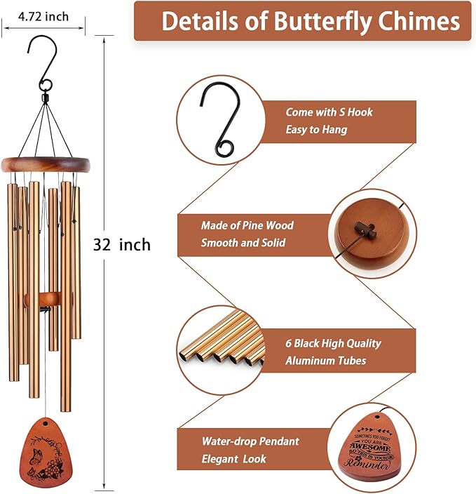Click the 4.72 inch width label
[43, 16]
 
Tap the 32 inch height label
[122, 244]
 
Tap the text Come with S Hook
[329, 112]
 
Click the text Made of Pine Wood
[247, 225]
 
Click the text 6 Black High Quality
[333, 343]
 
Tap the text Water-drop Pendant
[250, 441]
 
